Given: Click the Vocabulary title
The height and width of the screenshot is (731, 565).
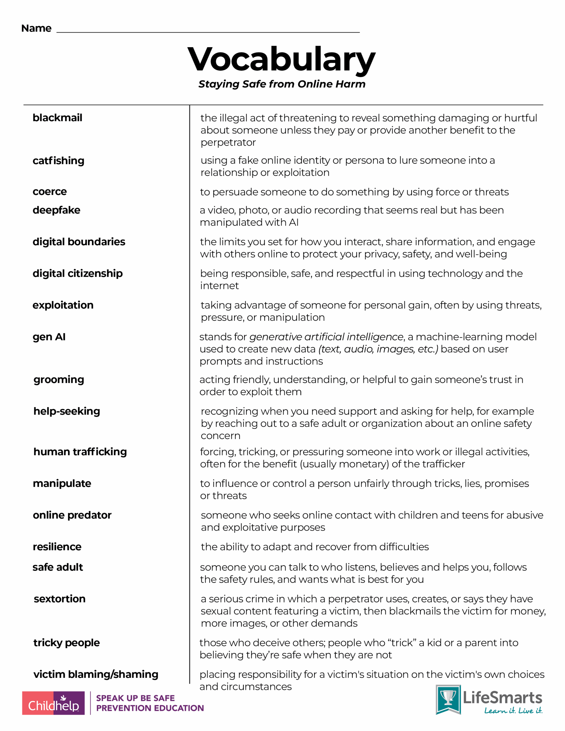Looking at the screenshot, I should coord(281,60).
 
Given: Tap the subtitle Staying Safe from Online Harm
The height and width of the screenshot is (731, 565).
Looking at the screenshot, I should coord(282,84).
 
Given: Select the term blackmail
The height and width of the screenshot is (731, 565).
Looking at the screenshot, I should coord(57,118).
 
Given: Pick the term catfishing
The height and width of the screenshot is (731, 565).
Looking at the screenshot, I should coord(58,161).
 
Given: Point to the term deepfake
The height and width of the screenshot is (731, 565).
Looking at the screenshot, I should coord(56,210).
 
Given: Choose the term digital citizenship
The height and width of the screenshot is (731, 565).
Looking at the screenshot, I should coord(77,274).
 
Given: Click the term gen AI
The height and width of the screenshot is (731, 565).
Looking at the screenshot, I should coord(49,337).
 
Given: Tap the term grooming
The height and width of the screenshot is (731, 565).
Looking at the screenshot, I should coord(59,380).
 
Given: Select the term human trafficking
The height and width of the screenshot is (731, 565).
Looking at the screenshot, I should coord(80,452).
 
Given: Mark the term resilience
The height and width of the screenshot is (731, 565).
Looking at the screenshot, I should coord(57,547).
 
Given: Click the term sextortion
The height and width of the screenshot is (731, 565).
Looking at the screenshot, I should coord(60,599).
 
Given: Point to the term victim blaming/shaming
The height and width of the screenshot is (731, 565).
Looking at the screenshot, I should coord(96,674).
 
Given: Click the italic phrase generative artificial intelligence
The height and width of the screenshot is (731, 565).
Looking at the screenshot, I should coord(326,337).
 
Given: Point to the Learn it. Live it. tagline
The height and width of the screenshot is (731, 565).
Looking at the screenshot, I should coord(513,710).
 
